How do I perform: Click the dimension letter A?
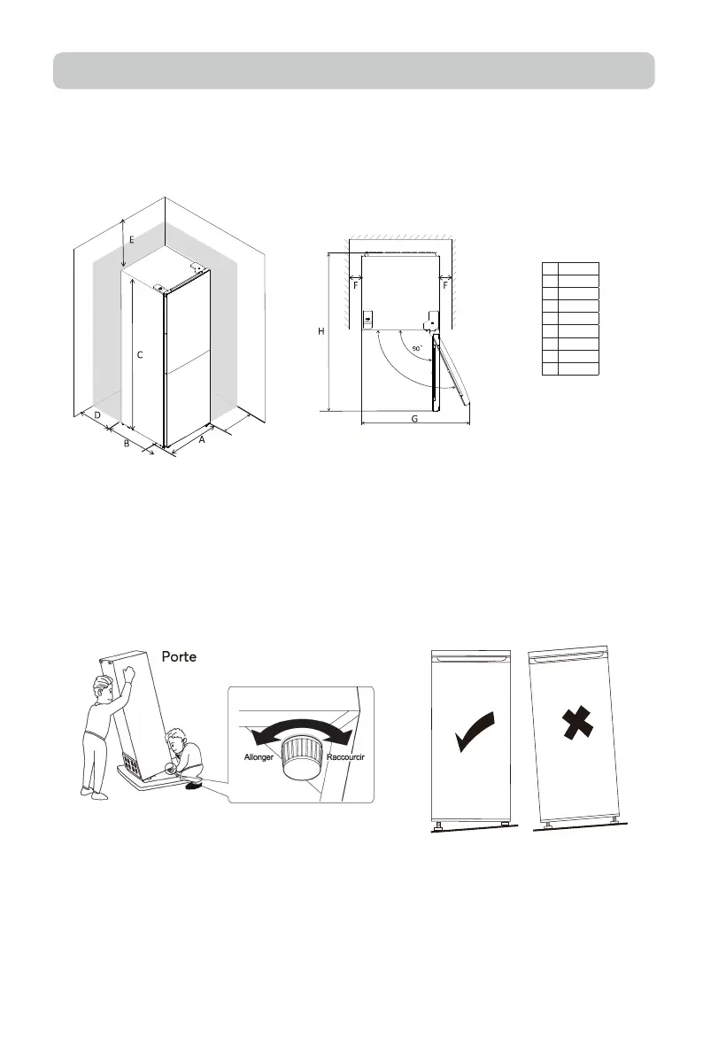[x=202, y=439]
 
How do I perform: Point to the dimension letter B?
[x=127, y=443]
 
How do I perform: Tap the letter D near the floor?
[x=97, y=414]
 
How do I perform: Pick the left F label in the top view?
[x=356, y=286]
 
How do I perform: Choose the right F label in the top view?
[x=445, y=286]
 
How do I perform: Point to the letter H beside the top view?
[x=321, y=330]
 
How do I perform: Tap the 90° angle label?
[x=415, y=348]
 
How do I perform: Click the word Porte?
[x=184, y=656]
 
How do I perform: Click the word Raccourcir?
[x=346, y=758]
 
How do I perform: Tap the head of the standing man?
[x=104, y=686]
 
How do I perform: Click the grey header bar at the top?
[x=353, y=71]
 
